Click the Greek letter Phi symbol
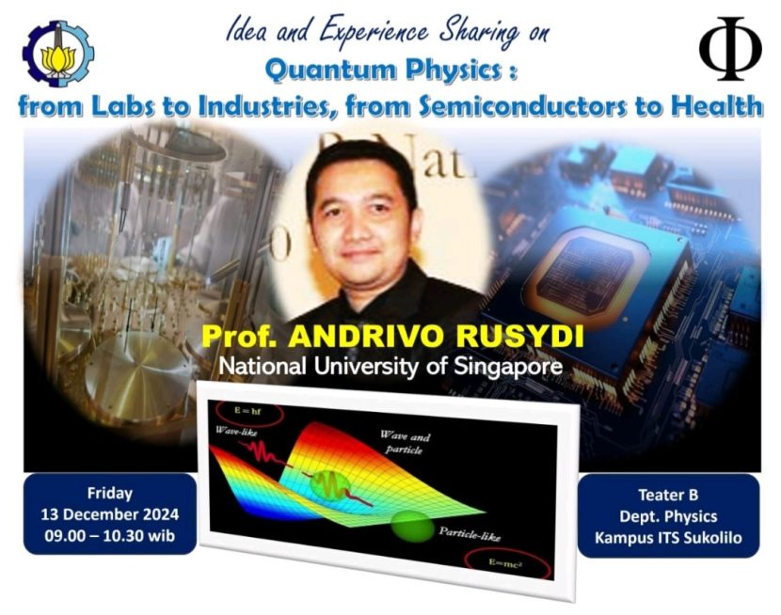click(x=730, y=48)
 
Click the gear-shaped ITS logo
click(x=57, y=55)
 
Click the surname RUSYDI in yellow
click(x=520, y=337)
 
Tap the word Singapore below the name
click(x=508, y=368)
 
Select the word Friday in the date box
click(x=109, y=494)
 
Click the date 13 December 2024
click(x=109, y=514)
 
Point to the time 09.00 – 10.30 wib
click(x=109, y=535)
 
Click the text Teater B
click(x=668, y=495)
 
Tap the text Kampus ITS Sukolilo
click(x=668, y=538)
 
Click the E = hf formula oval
click(x=249, y=413)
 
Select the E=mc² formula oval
click(x=508, y=564)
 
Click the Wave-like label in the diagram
click(x=236, y=432)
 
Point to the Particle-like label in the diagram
click(x=470, y=534)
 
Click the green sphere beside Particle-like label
click(x=412, y=527)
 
